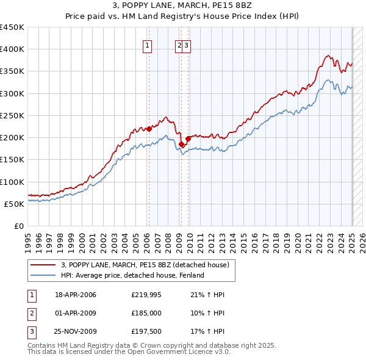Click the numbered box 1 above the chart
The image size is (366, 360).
148,45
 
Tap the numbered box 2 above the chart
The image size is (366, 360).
179,45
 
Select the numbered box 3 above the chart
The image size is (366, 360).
186,45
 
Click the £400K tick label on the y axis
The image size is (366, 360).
12,49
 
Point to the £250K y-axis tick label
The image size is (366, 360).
12,115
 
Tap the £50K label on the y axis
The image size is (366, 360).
15,204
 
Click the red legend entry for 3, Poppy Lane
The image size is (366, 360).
145,265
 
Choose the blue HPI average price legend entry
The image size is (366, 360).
132,275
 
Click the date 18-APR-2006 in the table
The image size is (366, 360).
76,295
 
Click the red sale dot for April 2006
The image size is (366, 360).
149,129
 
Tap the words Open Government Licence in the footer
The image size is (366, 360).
174,352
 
